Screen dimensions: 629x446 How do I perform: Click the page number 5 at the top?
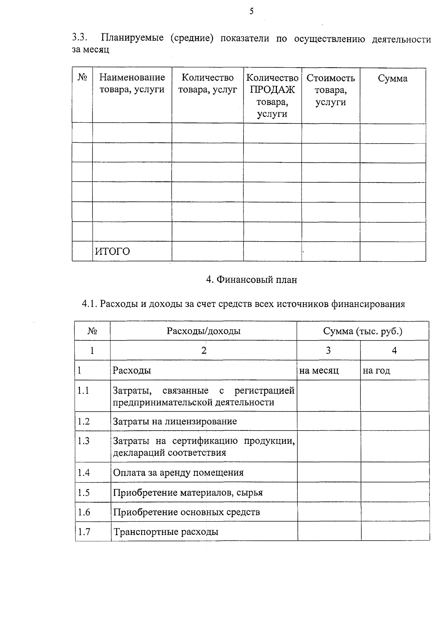click(252, 11)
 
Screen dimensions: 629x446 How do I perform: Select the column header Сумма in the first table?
click(392, 78)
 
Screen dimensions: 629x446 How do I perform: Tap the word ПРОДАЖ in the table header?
click(272, 90)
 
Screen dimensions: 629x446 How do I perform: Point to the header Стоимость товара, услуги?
click(330, 90)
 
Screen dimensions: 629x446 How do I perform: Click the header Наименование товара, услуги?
click(132, 84)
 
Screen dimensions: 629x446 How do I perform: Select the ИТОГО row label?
click(113, 252)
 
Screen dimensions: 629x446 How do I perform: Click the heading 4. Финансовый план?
click(252, 280)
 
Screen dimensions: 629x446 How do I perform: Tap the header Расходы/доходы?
click(203, 331)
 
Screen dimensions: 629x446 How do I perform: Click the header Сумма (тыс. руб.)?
click(362, 331)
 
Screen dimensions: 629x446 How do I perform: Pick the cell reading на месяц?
click(319, 370)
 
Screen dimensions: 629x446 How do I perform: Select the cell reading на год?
click(376, 370)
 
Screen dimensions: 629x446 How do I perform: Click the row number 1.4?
click(84, 472)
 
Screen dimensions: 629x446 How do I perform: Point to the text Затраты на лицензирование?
click(175, 421)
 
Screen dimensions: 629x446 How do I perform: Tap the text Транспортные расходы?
click(166, 532)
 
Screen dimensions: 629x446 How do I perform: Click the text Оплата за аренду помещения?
click(178, 472)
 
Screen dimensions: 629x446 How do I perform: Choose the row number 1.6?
click(84, 512)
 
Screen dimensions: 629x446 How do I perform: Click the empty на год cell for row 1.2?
click(395, 421)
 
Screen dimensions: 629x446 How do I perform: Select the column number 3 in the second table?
click(328, 350)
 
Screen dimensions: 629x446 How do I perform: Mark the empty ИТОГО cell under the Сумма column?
click(392, 251)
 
